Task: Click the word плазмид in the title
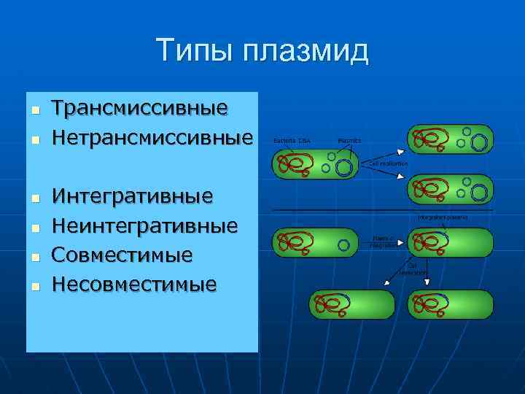click(x=306, y=53)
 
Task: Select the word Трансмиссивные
click(x=139, y=108)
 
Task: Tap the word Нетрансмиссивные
click(x=152, y=137)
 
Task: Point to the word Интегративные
click(x=132, y=196)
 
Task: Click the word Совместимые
click(x=122, y=255)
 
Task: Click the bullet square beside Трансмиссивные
click(x=33, y=110)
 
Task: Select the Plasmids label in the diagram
click(x=349, y=139)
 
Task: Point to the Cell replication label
click(x=389, y=164)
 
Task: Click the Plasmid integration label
click(x=384, y=242)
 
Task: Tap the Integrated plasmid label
click(x=443, y=217)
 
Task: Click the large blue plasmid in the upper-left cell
click(x=343, y=169)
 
